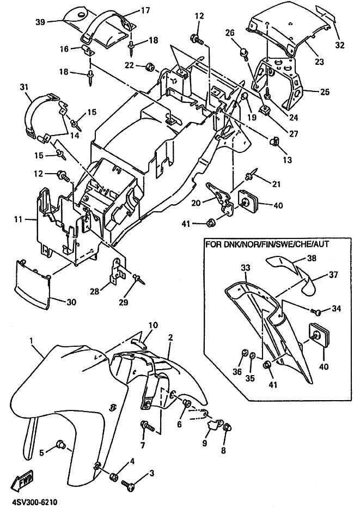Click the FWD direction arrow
point(22,479)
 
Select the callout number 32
point(340,45)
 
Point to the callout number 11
point(19,220)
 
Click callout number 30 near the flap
point(71,302)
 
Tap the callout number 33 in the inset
point(246,268)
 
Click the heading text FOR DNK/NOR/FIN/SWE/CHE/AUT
point(266,244)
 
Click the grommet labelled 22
point(150,67)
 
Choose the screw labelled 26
point(244,53)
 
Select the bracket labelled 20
point(221,198)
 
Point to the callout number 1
point(31,341)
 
